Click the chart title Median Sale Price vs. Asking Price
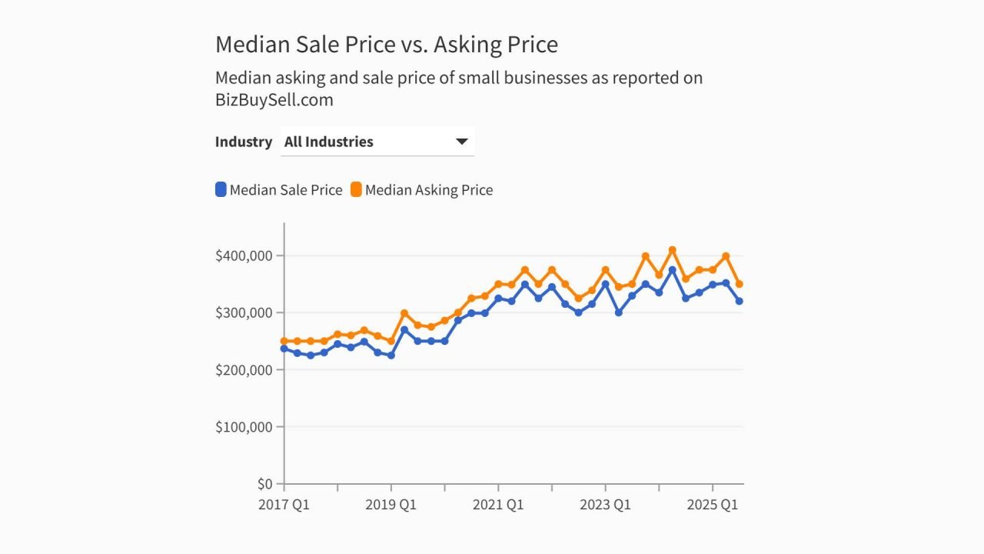click(386, 45)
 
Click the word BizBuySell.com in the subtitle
click(274, 100)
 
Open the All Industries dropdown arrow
click(462, 142)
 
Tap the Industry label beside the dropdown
click(243, 142)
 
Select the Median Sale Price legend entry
click(285, 190)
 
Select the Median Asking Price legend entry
click(428, 190)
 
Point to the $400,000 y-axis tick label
click(244, 255)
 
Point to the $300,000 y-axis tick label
click(244, 312)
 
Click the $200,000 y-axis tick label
click(244, 369)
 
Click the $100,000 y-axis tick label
click(244, 426)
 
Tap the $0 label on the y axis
click(264, 484)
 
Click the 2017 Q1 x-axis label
click(284, 505)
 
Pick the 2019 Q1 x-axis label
click(391, 505)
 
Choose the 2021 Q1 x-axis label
click(497, 505)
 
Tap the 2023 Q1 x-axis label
click(605, 505)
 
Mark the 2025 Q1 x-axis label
click(712, 505)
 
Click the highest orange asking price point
click(672, 250)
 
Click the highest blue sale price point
click(672, 270)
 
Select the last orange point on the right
click(739, 284)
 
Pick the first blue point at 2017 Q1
click(284, 349)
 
